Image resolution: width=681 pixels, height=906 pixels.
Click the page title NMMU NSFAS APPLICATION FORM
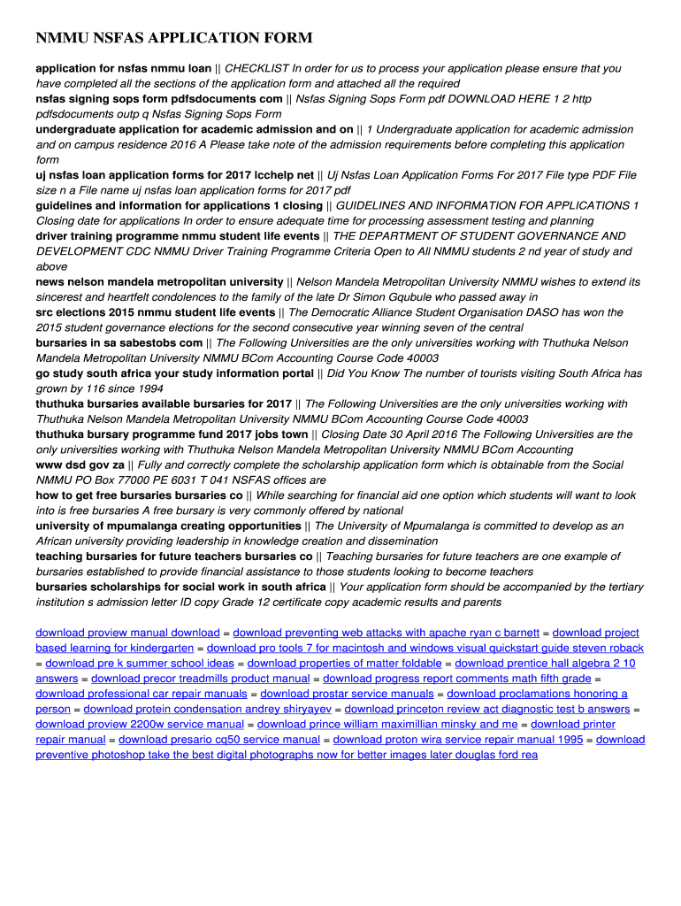(174, 38)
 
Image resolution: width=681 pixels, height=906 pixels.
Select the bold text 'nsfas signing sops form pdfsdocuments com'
(159, 98)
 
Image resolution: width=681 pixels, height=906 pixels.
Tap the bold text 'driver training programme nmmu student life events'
(178, 236)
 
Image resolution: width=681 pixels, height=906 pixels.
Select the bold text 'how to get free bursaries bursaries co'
(139, 495)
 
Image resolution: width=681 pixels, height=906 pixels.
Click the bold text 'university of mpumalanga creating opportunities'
(168, 526)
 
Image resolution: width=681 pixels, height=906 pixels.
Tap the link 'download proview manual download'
(127, 633)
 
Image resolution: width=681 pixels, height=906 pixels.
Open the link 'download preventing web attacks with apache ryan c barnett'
(386, 633)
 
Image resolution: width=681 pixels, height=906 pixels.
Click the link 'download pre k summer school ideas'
(140, 663)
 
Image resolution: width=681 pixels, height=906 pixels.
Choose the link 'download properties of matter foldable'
(344, 663)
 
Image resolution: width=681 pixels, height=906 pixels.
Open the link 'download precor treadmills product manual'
(200, 679)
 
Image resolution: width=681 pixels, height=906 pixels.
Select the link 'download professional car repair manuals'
(142, 694)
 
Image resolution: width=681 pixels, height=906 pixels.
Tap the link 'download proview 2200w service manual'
(140, 724)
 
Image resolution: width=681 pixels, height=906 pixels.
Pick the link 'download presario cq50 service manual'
(219, 739)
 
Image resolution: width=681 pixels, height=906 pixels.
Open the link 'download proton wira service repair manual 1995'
(457, 739)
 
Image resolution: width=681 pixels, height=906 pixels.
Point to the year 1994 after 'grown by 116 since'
(149, 388)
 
